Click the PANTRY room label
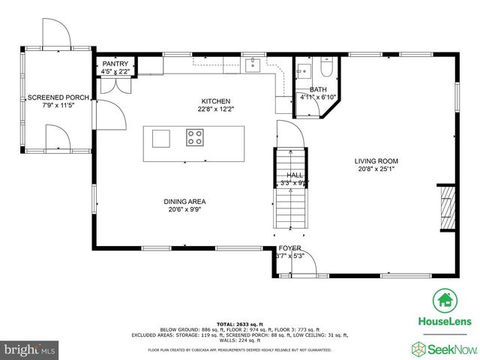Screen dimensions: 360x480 point(115,64)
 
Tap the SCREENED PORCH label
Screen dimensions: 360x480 point(58,98)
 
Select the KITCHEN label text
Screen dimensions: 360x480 point(215,101)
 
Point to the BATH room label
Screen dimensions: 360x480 point(318,89)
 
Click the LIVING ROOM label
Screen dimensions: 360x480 point(376,161)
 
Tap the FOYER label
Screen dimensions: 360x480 point(289,248)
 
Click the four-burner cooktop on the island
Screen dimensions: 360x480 point(195,137)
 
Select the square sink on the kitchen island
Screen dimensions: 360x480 point(161,138)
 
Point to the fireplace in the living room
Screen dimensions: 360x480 point(446,202)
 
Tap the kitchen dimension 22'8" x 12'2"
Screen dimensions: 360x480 point(215,109)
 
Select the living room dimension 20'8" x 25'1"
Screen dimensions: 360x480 point(376,169)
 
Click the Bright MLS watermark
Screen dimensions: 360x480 point(30,349)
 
